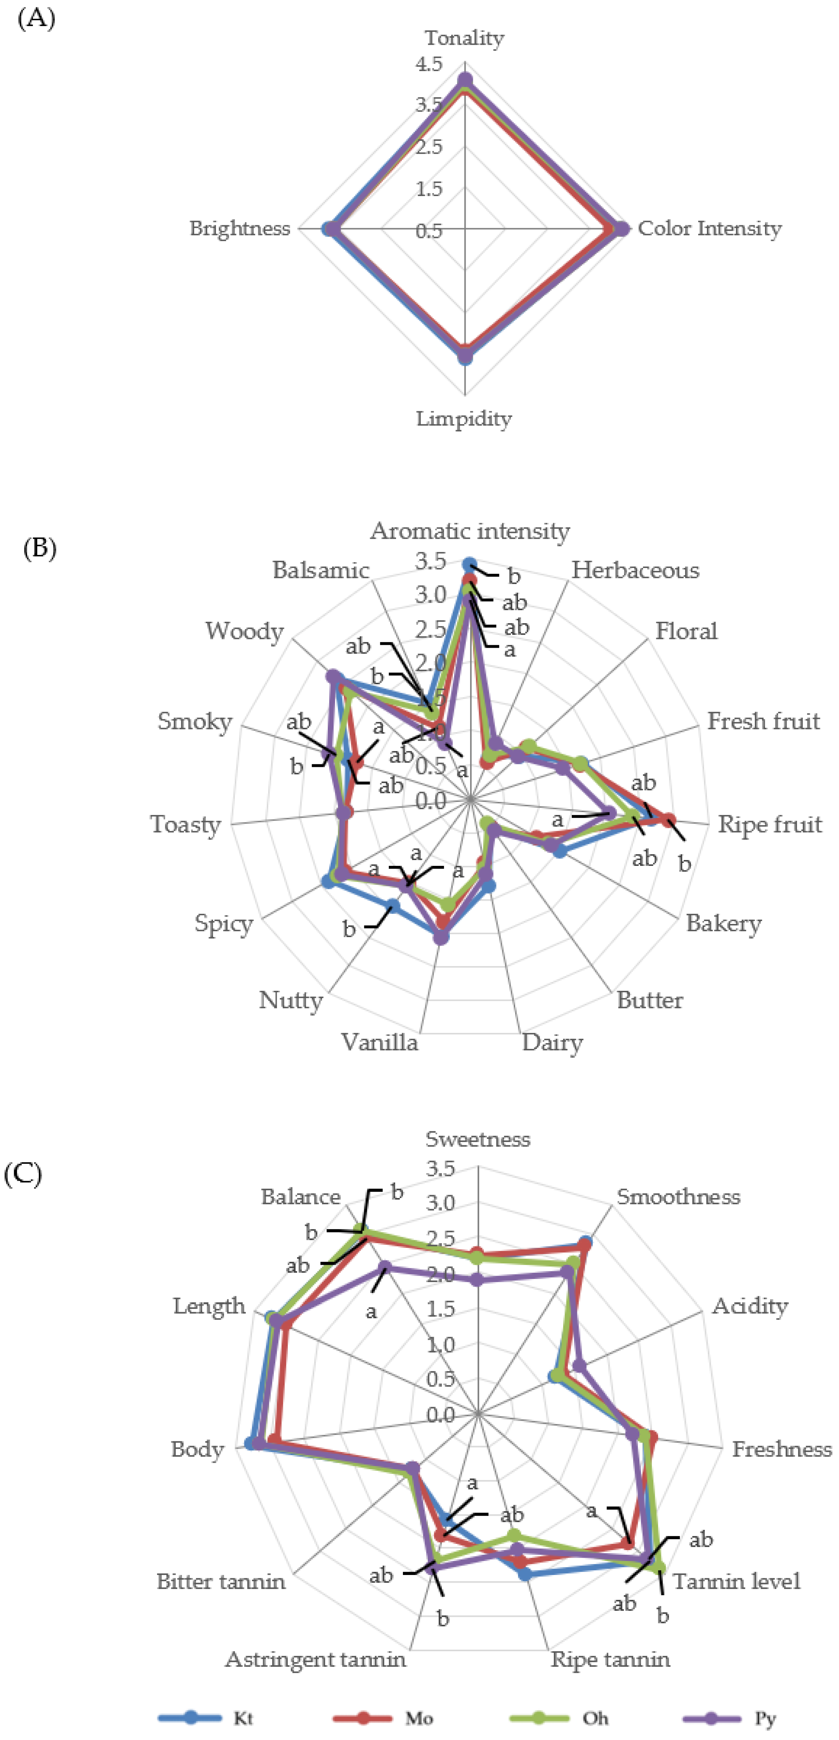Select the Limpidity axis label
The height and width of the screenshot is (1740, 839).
coord(464,419)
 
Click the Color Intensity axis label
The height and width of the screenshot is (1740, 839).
coord(709,228)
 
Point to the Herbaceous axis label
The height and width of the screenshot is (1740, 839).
coord(635,571)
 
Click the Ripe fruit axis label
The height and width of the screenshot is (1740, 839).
coord(769,824)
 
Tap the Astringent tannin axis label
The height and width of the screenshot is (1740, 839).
coord(316,1659)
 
